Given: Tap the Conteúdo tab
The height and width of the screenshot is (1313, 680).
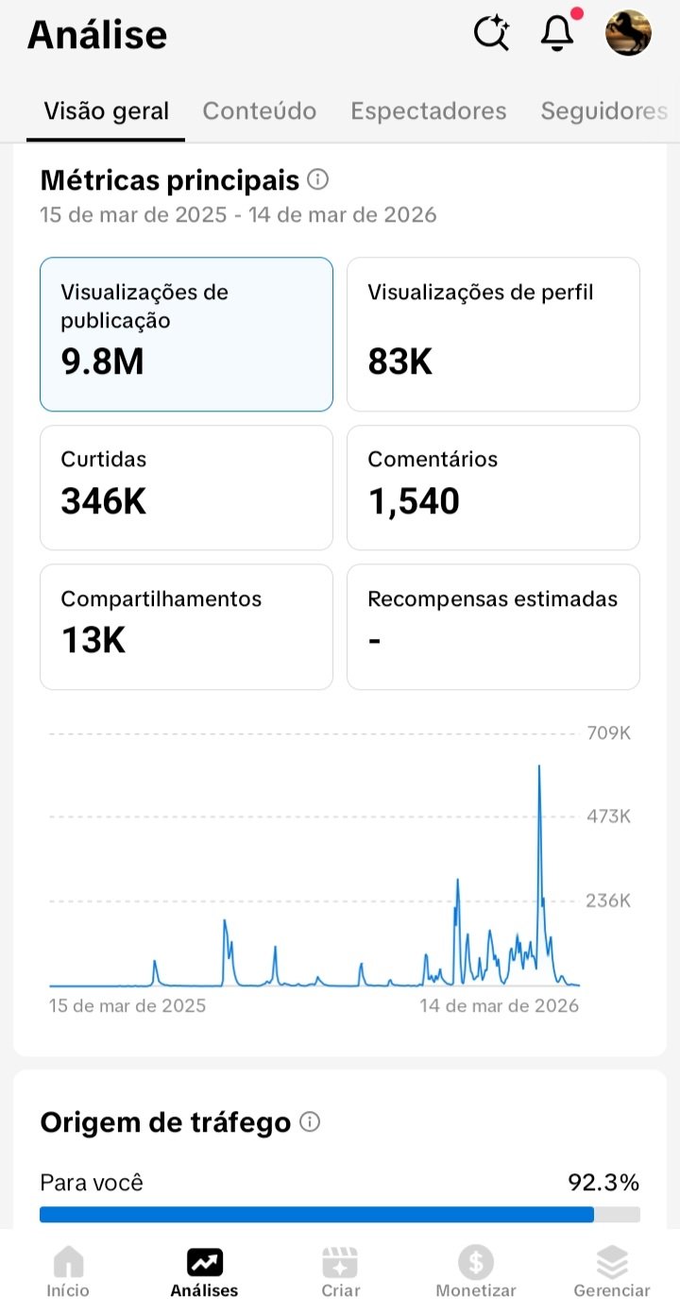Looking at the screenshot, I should click(260, 111).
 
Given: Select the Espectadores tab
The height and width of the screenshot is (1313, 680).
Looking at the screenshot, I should click(429, 111).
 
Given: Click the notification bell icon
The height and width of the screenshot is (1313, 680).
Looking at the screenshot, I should click(557, 34).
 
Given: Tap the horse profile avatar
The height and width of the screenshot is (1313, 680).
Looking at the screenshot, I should click(628, 33).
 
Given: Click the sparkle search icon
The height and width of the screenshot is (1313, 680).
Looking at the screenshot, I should click(491, 34).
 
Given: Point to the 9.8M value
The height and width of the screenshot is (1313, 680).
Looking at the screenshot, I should click(102, 362).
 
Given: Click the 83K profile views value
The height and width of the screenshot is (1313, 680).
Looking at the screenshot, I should click(400, 362).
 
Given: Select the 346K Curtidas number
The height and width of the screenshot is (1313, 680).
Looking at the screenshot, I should click(103, 501).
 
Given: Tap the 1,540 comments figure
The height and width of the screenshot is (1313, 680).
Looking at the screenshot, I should click(414, 501).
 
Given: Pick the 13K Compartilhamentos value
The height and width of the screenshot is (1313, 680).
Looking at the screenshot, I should click(93, 641).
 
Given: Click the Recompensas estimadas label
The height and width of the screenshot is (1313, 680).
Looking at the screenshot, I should click(492, 599).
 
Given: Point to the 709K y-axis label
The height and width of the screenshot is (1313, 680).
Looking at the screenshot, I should click(608, 733).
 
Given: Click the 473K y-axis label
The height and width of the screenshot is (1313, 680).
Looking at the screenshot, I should click(608, 816).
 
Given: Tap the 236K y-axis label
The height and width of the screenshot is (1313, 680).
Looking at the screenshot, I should click(608, 901).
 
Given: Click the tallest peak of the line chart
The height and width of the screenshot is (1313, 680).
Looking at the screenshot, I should click(539, 766).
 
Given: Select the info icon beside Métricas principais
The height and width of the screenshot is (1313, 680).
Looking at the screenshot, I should click(318, 179).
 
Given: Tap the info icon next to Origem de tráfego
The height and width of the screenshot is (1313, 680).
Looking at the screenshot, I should click(310, 1122).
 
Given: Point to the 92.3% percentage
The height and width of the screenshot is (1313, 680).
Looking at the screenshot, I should click(603, 1183).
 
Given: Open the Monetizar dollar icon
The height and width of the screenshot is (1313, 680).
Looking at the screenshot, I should click(476, 1262).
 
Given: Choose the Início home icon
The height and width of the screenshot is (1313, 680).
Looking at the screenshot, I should click(68, 1262).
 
